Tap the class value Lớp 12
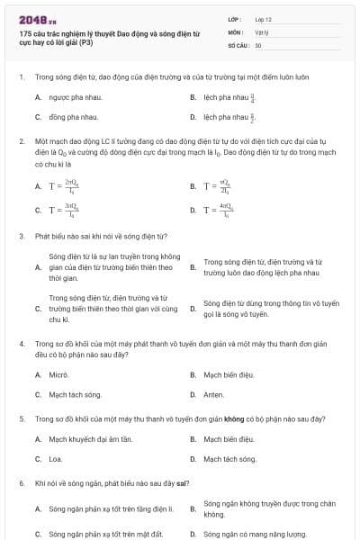click(x=264, y=18)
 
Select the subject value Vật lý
click(x=261, y=31)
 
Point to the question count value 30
click(x=258, y=44)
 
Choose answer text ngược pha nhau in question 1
click(x=74, y=96)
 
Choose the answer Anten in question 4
click(x=214, y=394)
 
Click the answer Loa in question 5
click(x=55, y=459)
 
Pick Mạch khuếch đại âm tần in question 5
click(x=90, y=438)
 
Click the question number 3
click(x=21, y=236)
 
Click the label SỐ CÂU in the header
click(x=238, y=44)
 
